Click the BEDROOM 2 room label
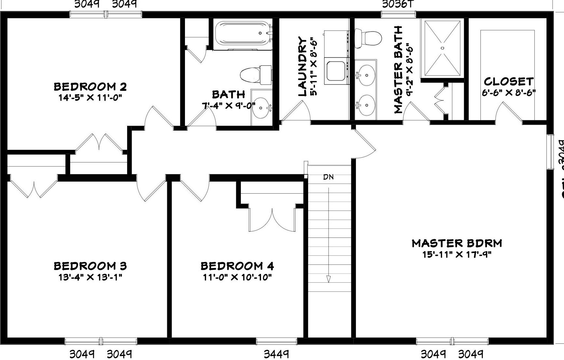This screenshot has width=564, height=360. (90, 87)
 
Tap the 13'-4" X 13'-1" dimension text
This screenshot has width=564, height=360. (90, 277)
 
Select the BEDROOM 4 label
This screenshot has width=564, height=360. (237, 266)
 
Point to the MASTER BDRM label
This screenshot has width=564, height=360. (457, 243)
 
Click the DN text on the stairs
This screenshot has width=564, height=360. (328, 177)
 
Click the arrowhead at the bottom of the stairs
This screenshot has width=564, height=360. (329, 279)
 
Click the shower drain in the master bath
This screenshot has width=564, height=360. (442, 48)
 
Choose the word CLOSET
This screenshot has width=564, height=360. (508, 81)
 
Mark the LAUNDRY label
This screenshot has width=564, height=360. (302, 67)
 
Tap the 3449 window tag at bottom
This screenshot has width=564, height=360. (276, 354)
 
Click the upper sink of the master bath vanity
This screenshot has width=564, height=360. (365, 75)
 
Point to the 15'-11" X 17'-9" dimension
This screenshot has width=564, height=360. (457, 254)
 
